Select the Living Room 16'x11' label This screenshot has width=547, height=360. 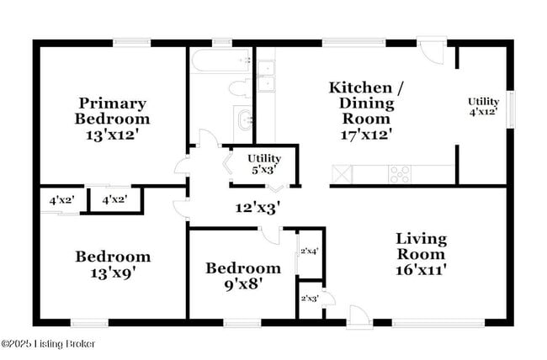[x=421, y=254]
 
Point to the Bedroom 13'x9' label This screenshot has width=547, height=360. [x=113, y=264]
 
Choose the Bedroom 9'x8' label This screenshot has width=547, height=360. [x=242, y=276]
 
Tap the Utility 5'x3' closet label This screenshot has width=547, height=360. [x=263, y=164]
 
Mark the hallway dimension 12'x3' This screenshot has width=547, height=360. [x=257, y=205]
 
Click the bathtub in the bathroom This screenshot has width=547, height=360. [x=221, y=60]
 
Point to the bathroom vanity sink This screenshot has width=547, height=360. [x=244, y=119]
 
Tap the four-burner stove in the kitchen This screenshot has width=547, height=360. [x=400, y=174]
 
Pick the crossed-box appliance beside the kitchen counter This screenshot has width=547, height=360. [x=342, y=174]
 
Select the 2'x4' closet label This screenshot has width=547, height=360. [x=310, y=251]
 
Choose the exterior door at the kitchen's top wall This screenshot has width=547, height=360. [x=433, y=50]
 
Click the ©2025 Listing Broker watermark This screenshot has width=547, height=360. [x=48, y=343]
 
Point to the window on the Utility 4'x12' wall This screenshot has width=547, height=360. [x=509, y=109]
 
